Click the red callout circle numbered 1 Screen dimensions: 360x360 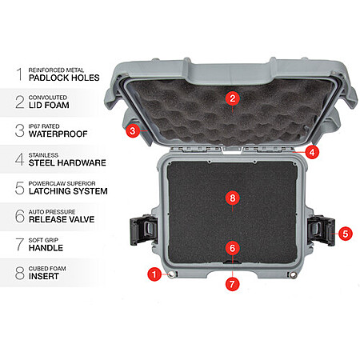pyautogui.click(x=154, y=274)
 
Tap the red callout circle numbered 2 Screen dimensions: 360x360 pyautogui.click(x=233, y=98)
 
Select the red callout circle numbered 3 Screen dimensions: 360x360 pyautogui.click(x=132, y=131)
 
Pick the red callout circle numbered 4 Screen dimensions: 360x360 pyautogui.click(x=312, y=152)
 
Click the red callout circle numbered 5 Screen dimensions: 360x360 pyautogui.click(x=346, y=234)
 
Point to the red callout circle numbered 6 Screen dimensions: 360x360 pyautogui.click(x=233, y=248)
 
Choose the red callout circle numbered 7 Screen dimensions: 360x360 pyautogui.click(x=232, y=284)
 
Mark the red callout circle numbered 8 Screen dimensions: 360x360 pyautogui.click(x=233, y=198)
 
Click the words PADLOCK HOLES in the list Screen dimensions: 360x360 pyautogui.click(x=64, y=78)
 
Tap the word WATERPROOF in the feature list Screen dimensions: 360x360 pyautogui.click(x=58, y=134)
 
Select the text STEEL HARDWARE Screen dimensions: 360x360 pyautogui.click(x=67, y=162)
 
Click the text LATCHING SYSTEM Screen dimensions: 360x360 pyautogui.click(x=68, y=191)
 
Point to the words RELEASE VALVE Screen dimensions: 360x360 pyautogui.click(x=62, y=219)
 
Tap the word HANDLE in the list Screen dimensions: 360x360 pyautogui.click(x=46, y=248)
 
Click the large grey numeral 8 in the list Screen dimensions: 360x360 pyautogui.click(x=20, y=273)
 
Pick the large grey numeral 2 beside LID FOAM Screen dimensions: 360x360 pyautogui.click(x=20, y=102)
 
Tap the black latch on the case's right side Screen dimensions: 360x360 pyautogui.click(x=321, y=230)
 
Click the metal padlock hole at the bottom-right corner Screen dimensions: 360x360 pyautogui.click(x=294, y=275)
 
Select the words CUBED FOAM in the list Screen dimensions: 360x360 pyautogui.click(x=47, y=269)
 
